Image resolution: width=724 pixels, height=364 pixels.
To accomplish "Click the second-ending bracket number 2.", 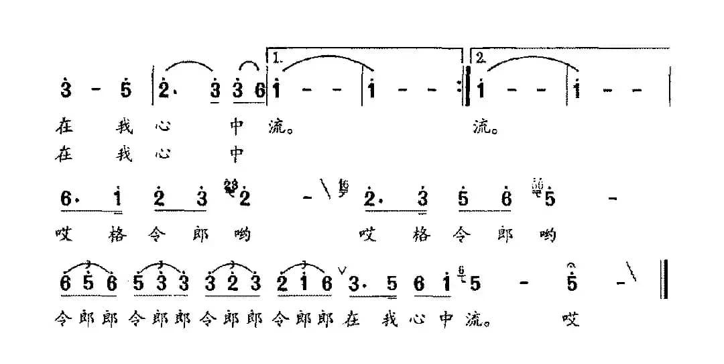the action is pos(480,58).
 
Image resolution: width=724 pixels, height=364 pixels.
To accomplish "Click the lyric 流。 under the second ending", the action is pos(485,127).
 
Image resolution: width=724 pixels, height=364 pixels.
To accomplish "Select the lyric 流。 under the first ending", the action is pos(279,127).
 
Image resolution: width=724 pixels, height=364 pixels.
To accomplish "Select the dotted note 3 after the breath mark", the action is pos(356,285).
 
